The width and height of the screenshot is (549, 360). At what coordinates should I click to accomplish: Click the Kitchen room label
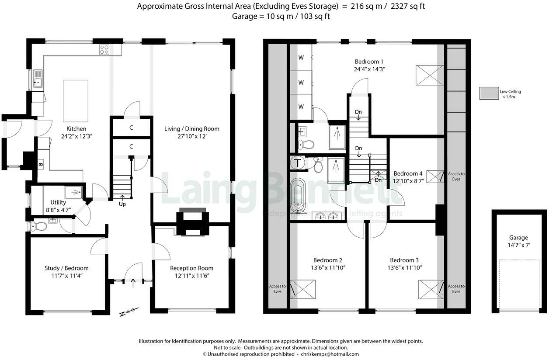[x=76, y=129]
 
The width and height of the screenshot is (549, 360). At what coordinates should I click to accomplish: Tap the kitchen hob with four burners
[x=104, y=50]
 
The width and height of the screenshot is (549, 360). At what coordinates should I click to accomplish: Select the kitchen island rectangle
[x=75, y=100]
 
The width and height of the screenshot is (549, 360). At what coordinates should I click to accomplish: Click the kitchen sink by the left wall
[x=38, y=81]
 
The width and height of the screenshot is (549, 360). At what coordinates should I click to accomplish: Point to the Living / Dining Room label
[x=191, y=129]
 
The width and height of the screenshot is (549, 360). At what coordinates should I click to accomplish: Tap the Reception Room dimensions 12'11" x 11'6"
[x=191, y=276]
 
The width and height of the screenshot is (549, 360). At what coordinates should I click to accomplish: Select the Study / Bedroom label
[x=66, y=268]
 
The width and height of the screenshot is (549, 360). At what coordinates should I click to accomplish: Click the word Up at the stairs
[x=122, y=204]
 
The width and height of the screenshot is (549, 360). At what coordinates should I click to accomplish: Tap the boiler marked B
[x=41, y=165]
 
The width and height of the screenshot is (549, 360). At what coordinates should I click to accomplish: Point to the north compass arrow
[x=130, y=312]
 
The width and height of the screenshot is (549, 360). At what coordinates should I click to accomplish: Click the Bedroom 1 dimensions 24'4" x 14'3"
[x=369, y=69]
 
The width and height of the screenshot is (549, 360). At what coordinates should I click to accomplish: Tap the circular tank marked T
[x=298, y=163]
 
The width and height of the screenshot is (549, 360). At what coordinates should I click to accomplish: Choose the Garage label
[x=518, y=238]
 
